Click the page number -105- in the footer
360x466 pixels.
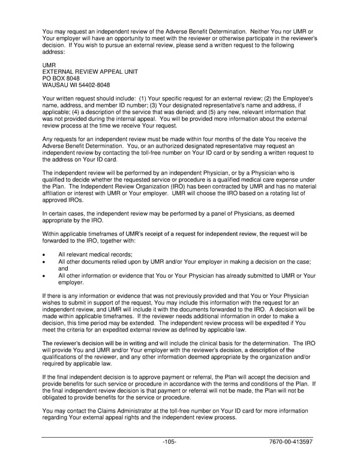(x=169, y=442)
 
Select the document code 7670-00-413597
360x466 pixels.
(x=292, y=442)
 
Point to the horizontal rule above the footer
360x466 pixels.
(x=180, y=436)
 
